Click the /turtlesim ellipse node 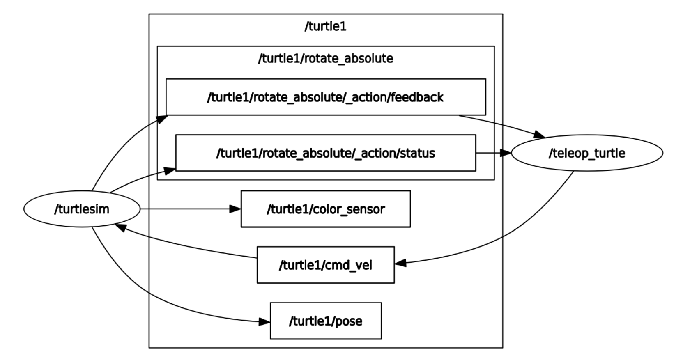coord(82,209)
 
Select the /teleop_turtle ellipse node coord(586,153)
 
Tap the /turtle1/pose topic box coord(325,321)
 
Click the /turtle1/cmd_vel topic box coord(325,265)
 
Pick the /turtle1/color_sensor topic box coord(325,209)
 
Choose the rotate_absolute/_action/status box coord(325,153)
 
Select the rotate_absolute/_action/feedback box coord(325,97)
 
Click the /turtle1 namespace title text coord(325,26)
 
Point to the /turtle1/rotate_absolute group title coord(325,58)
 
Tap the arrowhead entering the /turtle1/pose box coord(264,322)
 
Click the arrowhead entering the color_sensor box coord(235,209)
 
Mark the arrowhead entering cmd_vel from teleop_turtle coord(400,263)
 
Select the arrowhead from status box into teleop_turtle coord(506,153)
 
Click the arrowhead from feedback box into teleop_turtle coord(539,135)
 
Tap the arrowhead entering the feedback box coord(162,119)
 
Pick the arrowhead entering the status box coord(170,170)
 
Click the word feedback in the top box coord(417,97)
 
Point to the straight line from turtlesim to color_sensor coord(185,209)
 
